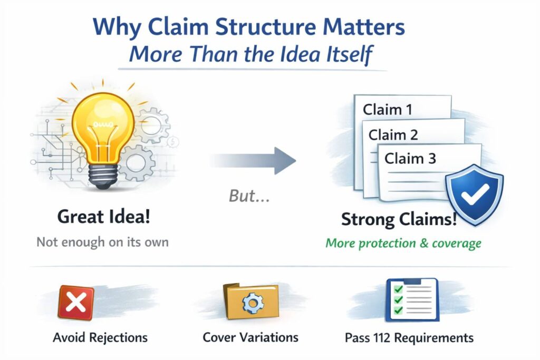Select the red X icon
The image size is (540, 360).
click(76, 303)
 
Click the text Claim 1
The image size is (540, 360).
click(388, 110)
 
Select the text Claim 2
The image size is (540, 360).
click(393, 134)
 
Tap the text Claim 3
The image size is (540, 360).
click(410, 158)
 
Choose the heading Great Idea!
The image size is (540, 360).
click(104, 218)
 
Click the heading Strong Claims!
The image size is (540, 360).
click(399, 219)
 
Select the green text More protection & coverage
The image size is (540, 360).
click(403, 244)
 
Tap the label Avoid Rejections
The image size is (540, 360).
click(100, 337)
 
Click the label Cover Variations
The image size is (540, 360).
click(250, 337)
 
